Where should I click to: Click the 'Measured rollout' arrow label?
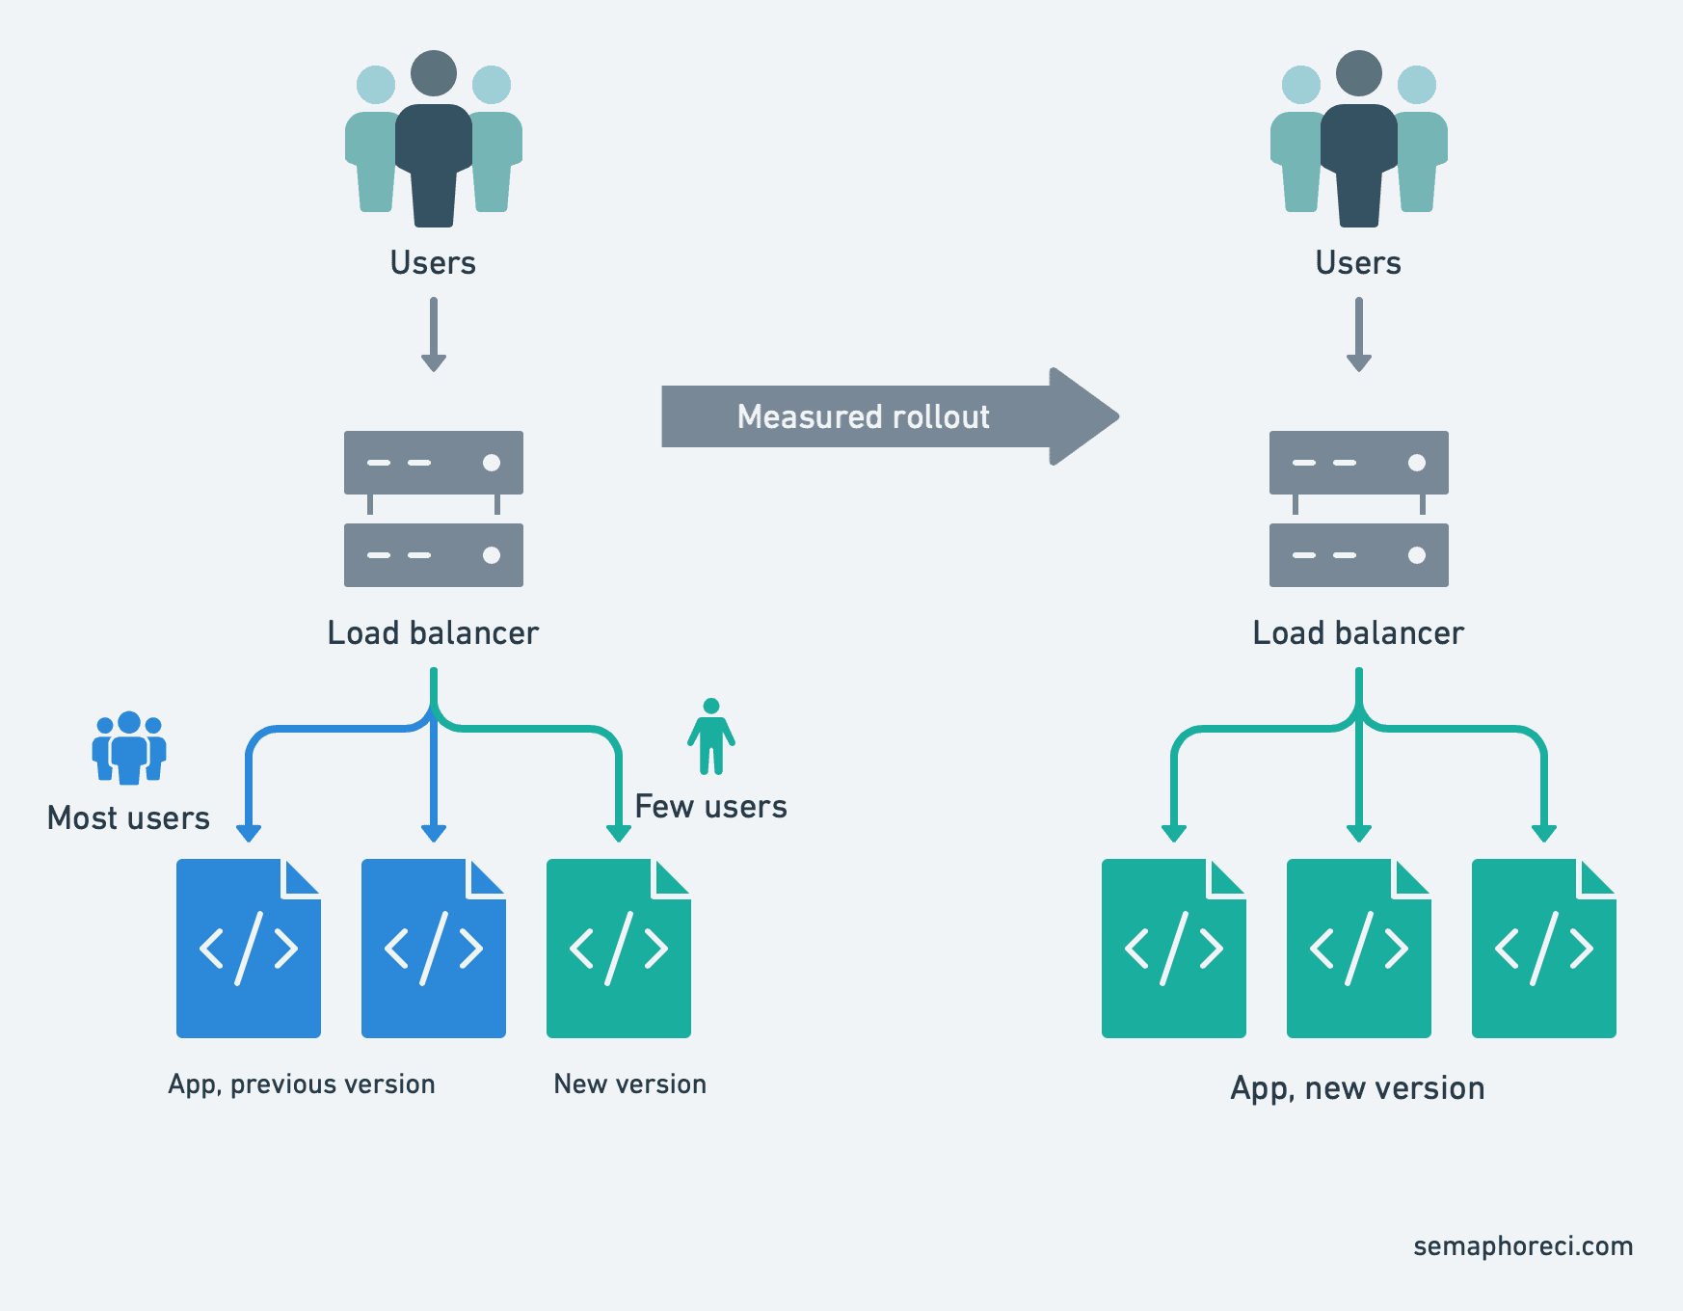click(x=863, y=416)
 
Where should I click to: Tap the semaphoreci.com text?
click(x=1523, y=1246)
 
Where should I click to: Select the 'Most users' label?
click(x=128, y=818)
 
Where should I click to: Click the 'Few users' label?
click(x=710, y=807)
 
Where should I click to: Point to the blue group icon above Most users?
click(x=129, y=748)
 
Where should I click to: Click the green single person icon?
click(x=711, y=737)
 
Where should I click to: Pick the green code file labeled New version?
click(x=618, y=949)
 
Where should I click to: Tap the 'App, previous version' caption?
click(x=302, y=1084)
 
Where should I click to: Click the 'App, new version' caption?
click(x=1357, y=1088)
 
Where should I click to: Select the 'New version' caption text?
click(x=629, y=1084)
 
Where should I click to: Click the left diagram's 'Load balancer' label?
click(x=433, y=633)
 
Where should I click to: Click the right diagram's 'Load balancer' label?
click(x=1358, y=633)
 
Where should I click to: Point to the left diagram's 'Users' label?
click(x=433, y=263)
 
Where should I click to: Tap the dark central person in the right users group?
click(x=1358, y=145)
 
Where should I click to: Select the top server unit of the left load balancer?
click(x=434, y=463)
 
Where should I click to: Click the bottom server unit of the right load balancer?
click(x=1358, y=555)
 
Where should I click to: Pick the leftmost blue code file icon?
click(x=248, y=949)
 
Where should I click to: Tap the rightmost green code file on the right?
click(x=1543, y=949)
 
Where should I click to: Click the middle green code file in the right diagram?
click(x=1358, y=949)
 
